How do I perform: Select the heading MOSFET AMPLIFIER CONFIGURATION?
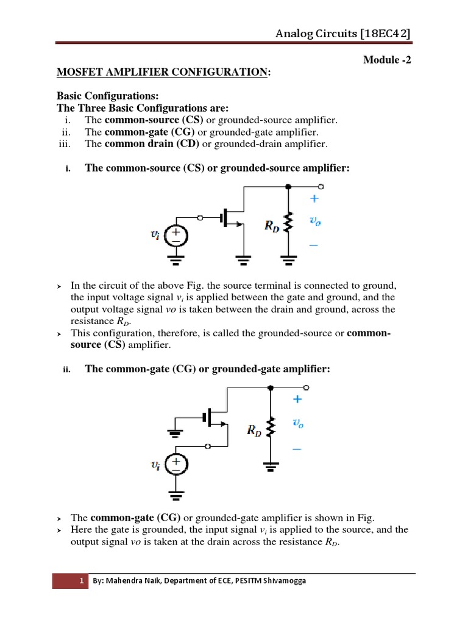click(162, 73)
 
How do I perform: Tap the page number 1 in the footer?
click(81, 581)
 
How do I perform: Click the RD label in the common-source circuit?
click(271, 225)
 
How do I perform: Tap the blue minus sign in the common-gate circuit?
click(297, 448)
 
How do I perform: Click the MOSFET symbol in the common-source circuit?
click(232, 217)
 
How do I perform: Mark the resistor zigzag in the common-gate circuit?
click(271, 427)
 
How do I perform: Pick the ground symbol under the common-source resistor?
click(288, 261)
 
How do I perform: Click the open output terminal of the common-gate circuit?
click(306, 387)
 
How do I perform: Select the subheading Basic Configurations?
click(107, 96)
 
